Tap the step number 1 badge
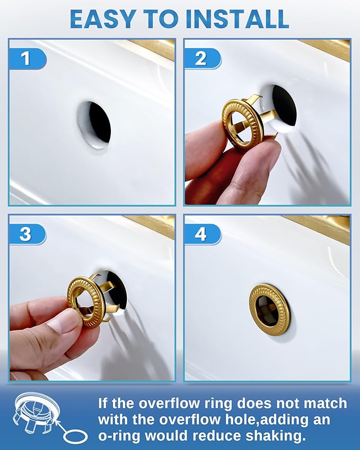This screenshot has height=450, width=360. [26, 58]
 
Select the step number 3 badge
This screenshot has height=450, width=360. [26, 234]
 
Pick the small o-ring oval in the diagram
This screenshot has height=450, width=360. [75, 436]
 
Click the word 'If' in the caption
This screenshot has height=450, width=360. [104, 403]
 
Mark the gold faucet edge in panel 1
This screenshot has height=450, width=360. [154, 48]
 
